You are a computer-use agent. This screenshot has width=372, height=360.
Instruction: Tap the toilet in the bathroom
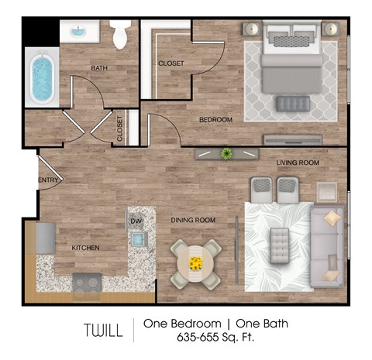click(119, 34)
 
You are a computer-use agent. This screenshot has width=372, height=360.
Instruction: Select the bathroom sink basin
click(80, 33)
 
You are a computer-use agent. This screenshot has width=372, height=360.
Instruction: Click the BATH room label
click(99, 68)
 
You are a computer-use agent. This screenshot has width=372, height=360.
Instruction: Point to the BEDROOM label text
click(216, 119)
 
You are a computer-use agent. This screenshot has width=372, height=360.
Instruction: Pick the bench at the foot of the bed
click(292, 102)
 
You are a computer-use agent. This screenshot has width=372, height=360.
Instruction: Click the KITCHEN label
click(85, 248)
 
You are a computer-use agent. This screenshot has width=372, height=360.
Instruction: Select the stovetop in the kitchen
click(86, 283)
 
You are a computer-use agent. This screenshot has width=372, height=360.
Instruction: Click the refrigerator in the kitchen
click(44, 236)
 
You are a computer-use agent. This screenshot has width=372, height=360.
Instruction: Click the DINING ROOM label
click(193, 221)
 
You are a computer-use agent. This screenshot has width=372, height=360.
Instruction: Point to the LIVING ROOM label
click(298, 163)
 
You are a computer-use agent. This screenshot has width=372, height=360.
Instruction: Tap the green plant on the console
click(227, 153)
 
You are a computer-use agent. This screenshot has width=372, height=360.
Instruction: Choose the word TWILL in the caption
click(103, 331)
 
